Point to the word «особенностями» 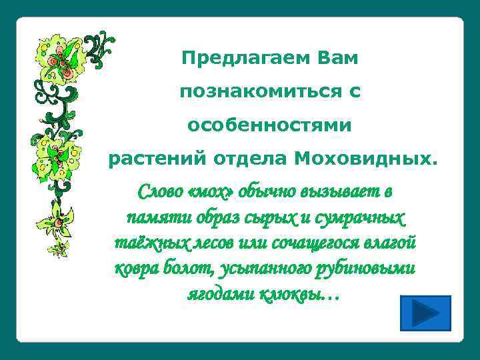click(x=269, y=125)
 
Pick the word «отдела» click(x=251, y=159)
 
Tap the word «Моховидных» click(x=366, y=159)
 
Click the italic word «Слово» click(x=159, y=192)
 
